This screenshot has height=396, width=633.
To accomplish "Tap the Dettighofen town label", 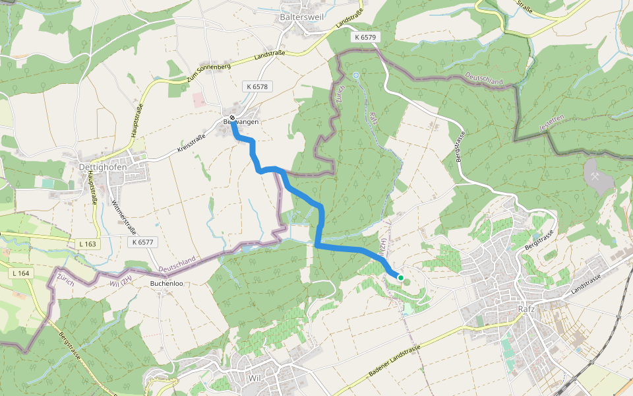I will pyautogui.click(x=102, y=167).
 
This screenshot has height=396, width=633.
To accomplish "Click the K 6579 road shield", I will pyautogui.click(x=364, y=38).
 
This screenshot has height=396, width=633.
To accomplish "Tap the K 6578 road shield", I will pyautogui.click(x=257, y=86).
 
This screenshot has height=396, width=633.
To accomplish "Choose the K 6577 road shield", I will pyautogui.click(x=142, y=242).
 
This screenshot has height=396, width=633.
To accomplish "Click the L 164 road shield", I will pyautogui.click(x=21, y=273).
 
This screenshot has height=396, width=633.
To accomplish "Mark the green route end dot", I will pyautogui.click(x=400, y=278).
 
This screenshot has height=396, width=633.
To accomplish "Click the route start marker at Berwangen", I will pyautogui.click(x=232, y=118).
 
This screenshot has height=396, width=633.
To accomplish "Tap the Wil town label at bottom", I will pyautogui.click(x=255, y=378).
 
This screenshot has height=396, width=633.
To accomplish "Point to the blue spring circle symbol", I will pyautogui.click(x=356, y=76).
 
